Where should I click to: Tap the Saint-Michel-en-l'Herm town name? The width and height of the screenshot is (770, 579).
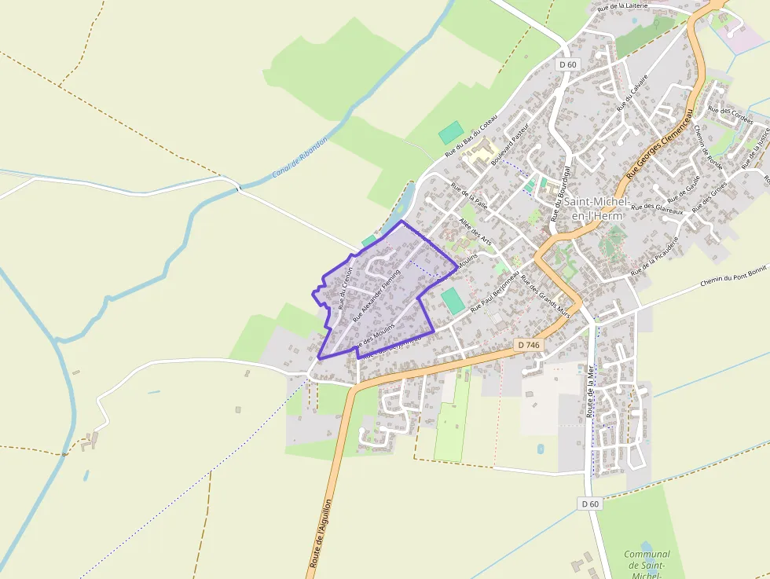tap(593, 208)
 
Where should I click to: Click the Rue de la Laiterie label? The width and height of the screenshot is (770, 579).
tap(622, 5)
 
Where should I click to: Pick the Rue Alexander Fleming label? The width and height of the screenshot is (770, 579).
tap(377, 295)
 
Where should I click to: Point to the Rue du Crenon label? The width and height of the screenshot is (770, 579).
tap(345, 288)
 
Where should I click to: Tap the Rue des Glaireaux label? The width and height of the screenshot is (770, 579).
tap(655, 207)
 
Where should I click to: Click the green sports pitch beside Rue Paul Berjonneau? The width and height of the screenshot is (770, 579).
tap(452, 302)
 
